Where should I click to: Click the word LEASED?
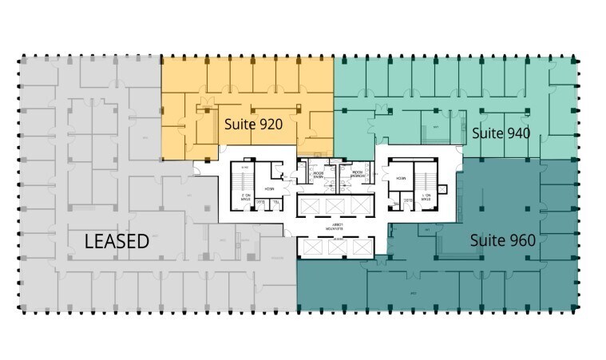pos(117,241)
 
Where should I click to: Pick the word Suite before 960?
pos(487,239)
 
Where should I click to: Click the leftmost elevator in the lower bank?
pos(311,248)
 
